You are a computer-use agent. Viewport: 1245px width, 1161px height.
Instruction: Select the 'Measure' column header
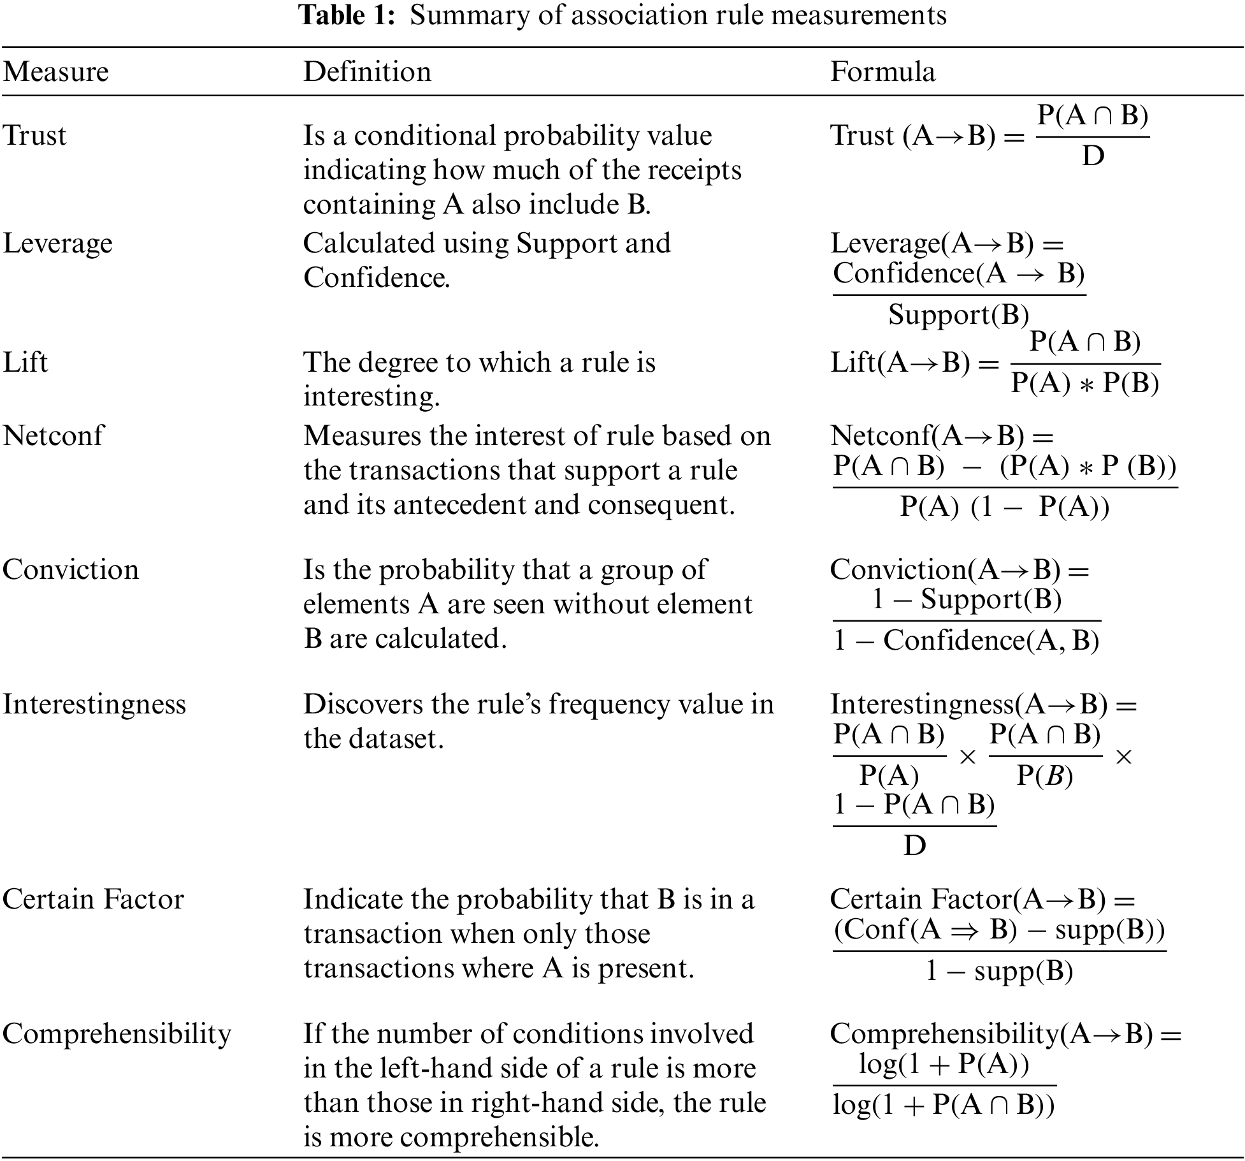point(56,71)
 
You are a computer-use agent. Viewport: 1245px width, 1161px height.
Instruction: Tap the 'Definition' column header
point(367,71)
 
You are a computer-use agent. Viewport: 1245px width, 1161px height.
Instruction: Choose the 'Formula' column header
point(882,71)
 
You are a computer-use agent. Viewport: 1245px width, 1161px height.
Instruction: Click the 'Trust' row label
point(34,135)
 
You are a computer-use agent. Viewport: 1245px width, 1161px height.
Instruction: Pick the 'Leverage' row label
point(57,244)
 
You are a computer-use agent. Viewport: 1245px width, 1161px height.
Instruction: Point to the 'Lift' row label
point(25,362)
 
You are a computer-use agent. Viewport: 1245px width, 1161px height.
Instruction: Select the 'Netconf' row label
point(53,436)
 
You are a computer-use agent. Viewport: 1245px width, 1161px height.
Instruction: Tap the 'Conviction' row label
point(70,569)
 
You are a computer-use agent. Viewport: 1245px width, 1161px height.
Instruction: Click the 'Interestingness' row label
point(94,705)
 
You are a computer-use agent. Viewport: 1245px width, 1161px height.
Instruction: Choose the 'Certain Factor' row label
point(93,900)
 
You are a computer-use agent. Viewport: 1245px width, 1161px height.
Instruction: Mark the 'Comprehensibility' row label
point(117,1033)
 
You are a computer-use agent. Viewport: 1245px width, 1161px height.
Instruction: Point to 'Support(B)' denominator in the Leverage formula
point(958,314)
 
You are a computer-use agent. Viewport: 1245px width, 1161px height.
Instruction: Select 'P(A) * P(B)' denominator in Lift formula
point(1085,383)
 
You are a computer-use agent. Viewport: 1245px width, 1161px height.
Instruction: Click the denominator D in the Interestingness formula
point(914,846)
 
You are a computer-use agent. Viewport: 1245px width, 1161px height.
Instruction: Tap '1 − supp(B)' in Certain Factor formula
point(998,971)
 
